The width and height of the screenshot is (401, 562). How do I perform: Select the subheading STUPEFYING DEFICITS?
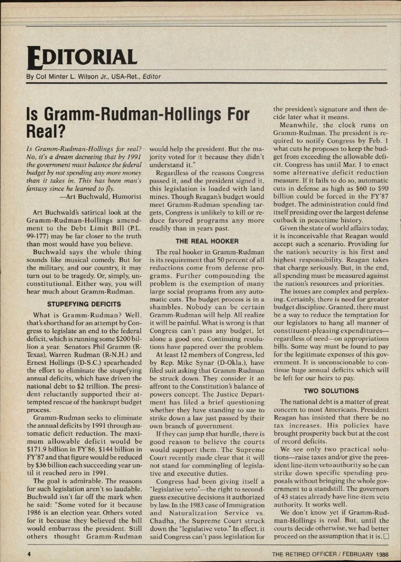click(84, 304)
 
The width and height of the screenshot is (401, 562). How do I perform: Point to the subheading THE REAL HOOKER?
click(207, 241)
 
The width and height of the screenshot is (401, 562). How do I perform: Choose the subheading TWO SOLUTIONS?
click(331, 391)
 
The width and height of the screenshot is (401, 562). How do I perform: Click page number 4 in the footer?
click(29, 554)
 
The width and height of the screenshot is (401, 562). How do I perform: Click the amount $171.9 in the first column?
click(38, 449)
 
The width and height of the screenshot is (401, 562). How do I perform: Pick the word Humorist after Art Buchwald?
click(127, 196)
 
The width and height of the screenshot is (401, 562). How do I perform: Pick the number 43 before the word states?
click(284, 497)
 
